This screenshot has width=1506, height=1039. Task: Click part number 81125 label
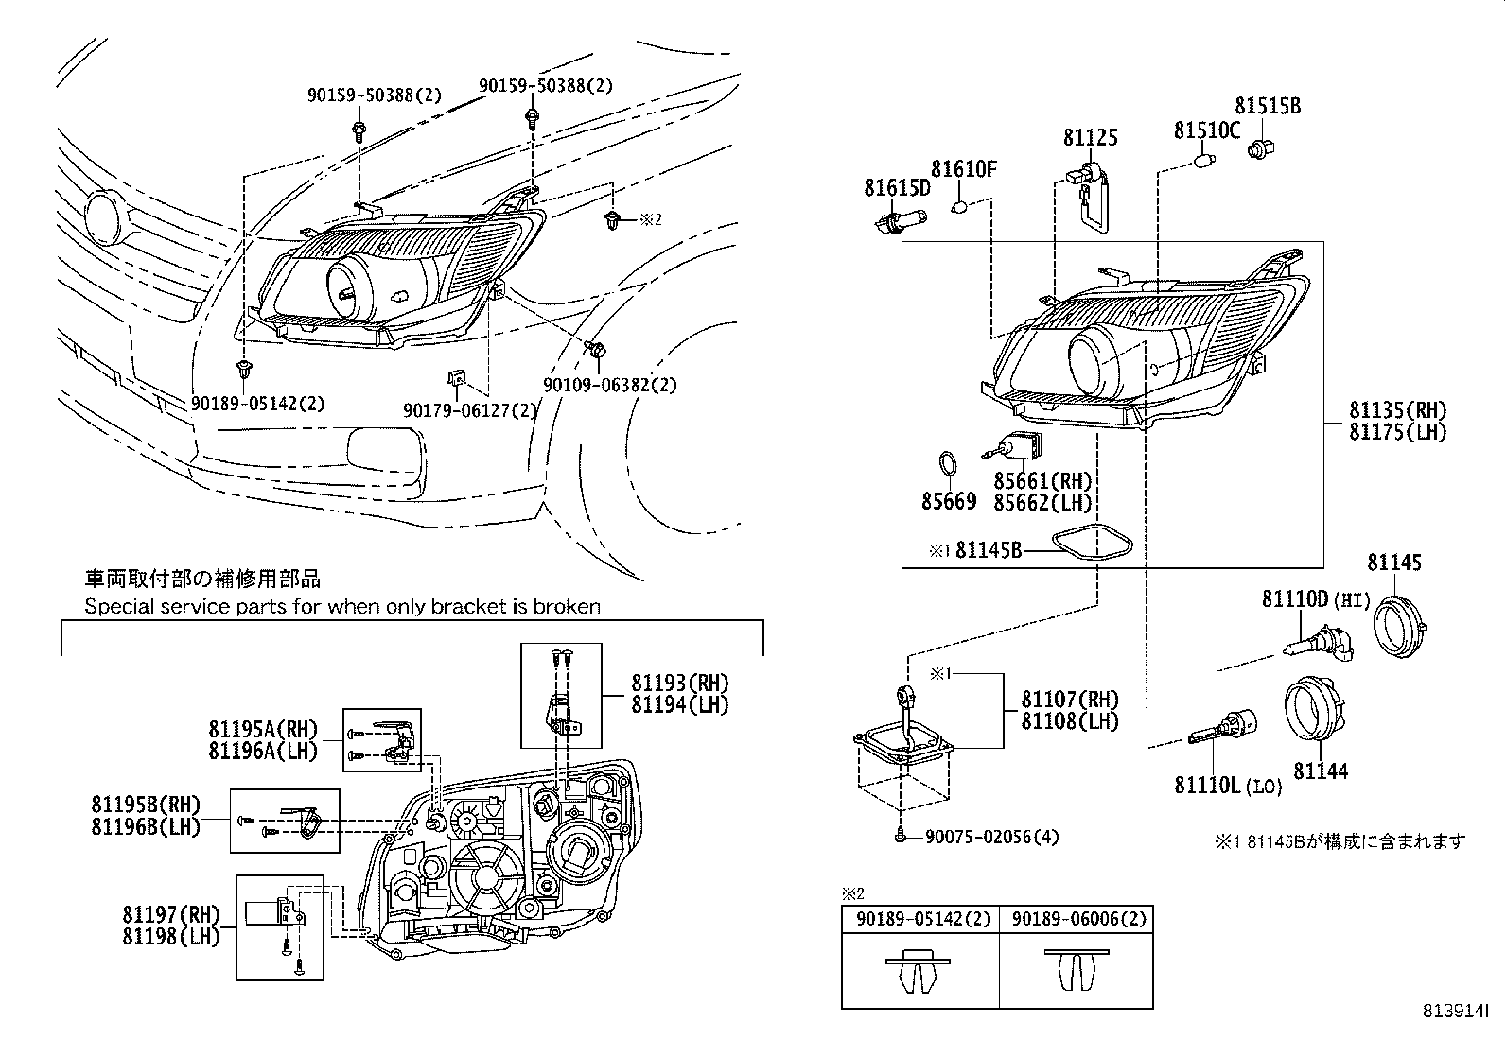[x=1090, y=138]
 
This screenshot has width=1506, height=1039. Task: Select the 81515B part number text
[x=1267, y=106]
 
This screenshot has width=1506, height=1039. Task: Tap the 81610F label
[x=964, y=169]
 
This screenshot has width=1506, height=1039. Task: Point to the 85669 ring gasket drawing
[x=947, y=466]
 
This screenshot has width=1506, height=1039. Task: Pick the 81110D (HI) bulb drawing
[x=1320, y=648]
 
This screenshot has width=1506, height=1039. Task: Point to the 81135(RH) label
[x=1397, y=411]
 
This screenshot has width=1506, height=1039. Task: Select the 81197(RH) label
[x=170, y=914]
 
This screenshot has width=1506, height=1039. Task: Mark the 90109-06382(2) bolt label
[x=609, y=385]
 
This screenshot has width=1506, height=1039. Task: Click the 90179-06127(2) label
[x=469, y=410]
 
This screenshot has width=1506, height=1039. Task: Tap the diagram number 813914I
[x=1456, y=1011]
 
